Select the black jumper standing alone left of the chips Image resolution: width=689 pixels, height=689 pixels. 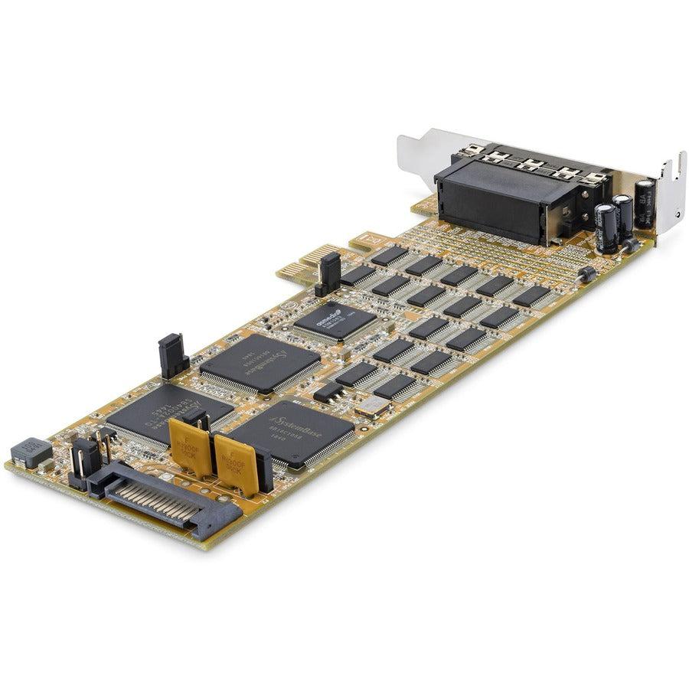tap(171, 355)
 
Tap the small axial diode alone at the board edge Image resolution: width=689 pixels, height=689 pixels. tap(588, 273)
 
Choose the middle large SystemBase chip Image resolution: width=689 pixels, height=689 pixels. tap(260, 364)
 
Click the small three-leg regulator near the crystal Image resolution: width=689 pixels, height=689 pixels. tap(329, 393)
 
